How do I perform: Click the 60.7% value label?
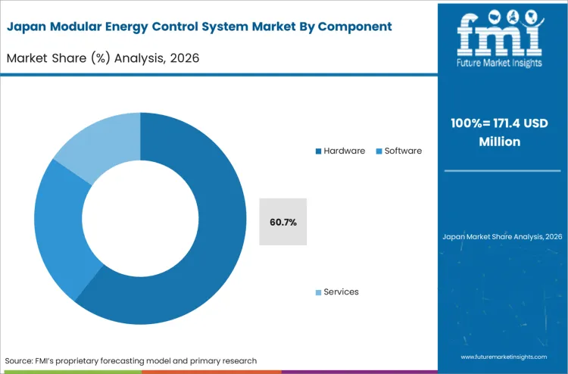click(x=282, y=222)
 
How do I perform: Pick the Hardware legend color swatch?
click(x=319, y=151)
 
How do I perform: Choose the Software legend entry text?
click(x=403, y=151)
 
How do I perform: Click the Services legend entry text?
click(x=341, y=291)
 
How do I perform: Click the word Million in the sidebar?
click(x=502, y=141)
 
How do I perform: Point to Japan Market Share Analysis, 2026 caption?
click(x=502, y=237)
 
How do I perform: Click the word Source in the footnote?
click(x=20, y=360)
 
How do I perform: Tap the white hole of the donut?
click(x=141, y=220)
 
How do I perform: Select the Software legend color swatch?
click(x=379, y=151)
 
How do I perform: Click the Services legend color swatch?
click(x=319, y=292)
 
